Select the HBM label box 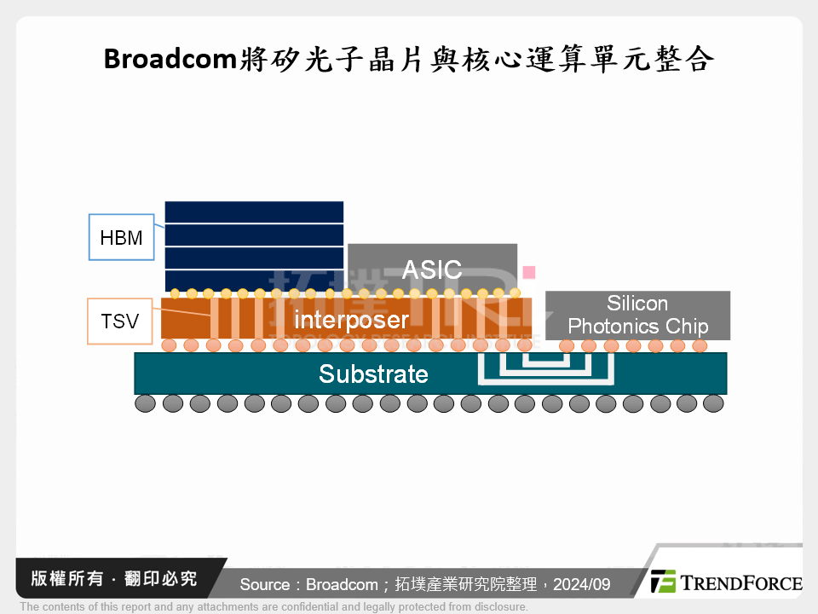[x=121, y=237]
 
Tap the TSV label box [x=119, y=321]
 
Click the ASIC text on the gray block [x=431, y=269]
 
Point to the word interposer [x=351, y=321]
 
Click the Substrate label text [x=373, y=374]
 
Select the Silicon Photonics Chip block [x=637, y=315]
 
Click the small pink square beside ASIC [x=529, y=272]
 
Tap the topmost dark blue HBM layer [x=254, y=212]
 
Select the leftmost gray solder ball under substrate [x=146, y=403]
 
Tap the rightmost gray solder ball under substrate [x=714, y=403]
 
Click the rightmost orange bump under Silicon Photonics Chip [x=700, y=345]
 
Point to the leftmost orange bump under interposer [x=169, y=345]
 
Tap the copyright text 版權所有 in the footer [x=67, y=579]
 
